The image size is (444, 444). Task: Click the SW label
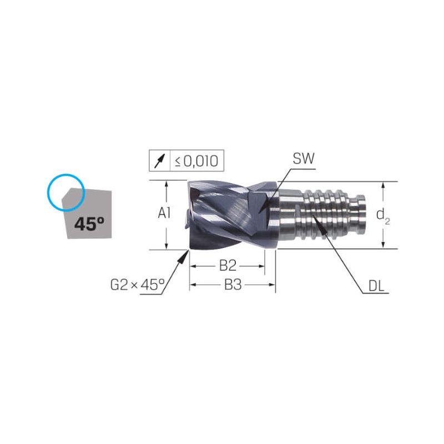click(x=303, y=159)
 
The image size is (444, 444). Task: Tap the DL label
click(x=376, y=286)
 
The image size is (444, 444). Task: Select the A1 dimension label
click(x=164, y=213)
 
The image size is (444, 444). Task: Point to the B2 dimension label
click(x=228, y=266)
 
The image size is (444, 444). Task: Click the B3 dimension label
click(x=233, y=285)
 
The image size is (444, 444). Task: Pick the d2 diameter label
click(x=383, y=216)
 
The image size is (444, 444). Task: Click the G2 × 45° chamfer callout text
click(x=137, y=285)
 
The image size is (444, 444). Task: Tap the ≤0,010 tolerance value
click(x=196, y=161)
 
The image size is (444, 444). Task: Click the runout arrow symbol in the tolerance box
click(x=159, y=161)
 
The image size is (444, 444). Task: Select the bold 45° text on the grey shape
click(x=89, y=224)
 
